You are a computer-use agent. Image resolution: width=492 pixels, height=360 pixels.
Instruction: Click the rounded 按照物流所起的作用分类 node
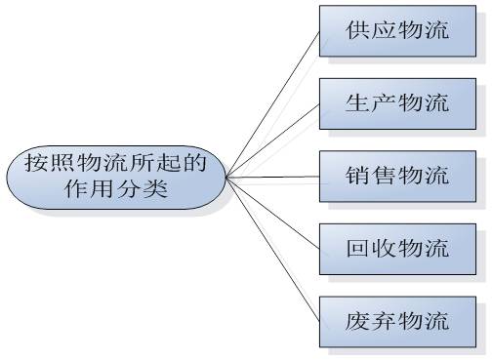[116, 177]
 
